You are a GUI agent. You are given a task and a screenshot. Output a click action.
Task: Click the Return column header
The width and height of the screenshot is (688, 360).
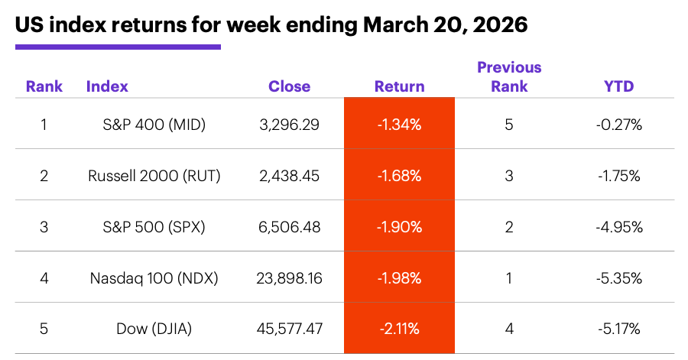pyautogui.click(x=399, y=86)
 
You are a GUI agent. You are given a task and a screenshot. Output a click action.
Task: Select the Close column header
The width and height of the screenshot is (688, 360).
pyautogui.click(x=289, y=86)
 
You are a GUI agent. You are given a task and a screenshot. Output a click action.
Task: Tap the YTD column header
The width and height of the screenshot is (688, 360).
pyautogui.click(x=618, y=86)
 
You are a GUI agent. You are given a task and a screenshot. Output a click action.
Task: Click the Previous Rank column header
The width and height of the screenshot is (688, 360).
pyautogui.click(x=509, y=76)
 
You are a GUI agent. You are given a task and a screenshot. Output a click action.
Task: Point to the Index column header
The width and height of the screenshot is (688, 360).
pyautogui.click(x=107, y=86)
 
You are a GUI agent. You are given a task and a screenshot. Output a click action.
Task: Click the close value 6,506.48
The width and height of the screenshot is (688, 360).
pyautogui.click(x=289, y=227)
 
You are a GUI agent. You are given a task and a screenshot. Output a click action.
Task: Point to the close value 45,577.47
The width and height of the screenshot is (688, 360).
pyautogui.click(x=289, y=329)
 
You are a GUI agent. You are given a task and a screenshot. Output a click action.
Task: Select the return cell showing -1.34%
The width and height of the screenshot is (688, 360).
pyautogui.click(x=399, y=124)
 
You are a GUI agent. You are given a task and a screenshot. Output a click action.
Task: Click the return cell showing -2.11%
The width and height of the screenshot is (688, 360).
pyautogui.click(x=399, y=329)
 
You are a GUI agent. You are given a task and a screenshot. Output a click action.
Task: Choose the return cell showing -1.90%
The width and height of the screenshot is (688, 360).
pyautogui.click(x=399, y=227)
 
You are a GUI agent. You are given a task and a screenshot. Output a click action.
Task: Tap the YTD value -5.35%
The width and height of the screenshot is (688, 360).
pyautogui.click(x=618, y=278)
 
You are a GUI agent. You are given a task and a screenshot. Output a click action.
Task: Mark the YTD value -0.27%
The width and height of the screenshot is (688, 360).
pyautogui.click(x=618, y=124)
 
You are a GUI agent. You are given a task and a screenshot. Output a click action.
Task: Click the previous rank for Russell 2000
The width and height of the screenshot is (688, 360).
pyautogui.click(x=509, y=176)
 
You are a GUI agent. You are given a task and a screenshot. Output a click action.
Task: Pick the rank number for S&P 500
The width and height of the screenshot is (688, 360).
pyautogui.click(x=44, y=227)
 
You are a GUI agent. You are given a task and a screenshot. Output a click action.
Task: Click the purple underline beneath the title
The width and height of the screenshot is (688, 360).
pyautogui.click(x=118, y=47)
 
